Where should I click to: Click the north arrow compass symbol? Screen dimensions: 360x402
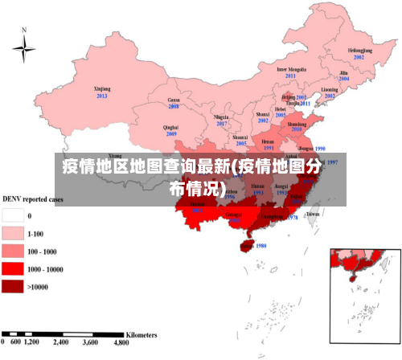point(24,50)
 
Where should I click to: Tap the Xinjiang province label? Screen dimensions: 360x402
point(102,89)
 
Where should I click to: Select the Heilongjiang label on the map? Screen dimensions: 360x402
point(359,51)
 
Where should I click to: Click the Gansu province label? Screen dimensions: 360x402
point(173,100)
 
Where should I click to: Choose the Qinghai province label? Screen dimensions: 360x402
point(170,127)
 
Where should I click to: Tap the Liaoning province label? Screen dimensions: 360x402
point(330,89)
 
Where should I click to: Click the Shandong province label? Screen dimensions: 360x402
point(297,125)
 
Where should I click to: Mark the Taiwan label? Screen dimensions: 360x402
point(314,215)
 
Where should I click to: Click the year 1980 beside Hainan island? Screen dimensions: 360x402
point(260,246)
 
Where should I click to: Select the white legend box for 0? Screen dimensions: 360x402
point(13,215)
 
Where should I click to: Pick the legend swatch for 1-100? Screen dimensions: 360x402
point(13,233)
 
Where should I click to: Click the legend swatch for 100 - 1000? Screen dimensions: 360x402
point(13,252)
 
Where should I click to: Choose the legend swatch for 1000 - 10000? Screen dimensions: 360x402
point(13,269)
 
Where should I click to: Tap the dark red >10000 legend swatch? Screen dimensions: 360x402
point(13,287)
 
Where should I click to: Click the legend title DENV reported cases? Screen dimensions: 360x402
point(33,198)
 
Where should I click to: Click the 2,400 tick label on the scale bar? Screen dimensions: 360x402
point(61,342)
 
